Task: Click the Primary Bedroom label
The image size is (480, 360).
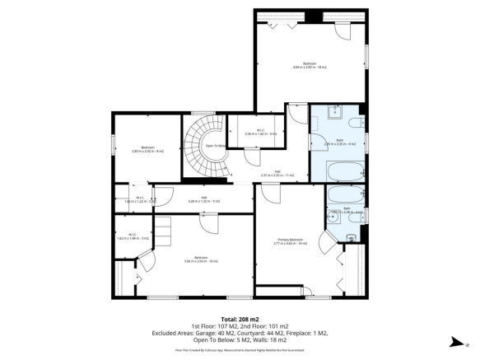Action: pos(290,241)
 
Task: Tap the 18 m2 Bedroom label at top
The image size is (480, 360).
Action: pos(309,65)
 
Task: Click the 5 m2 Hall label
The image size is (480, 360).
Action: pos(203,199)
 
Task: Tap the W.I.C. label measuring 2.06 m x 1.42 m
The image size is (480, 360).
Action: pos(259,132)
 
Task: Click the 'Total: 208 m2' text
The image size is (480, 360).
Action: pos(240,318)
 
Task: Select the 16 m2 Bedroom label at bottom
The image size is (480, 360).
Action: pos(200,259)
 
